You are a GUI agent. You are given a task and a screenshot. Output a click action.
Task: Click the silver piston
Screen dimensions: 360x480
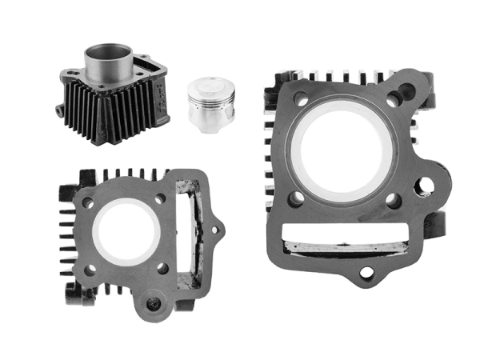(210, 101)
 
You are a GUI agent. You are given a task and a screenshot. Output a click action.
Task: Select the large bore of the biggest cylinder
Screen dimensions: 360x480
(345, 150)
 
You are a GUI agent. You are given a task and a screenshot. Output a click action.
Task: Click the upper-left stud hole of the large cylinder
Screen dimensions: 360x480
(301, 99)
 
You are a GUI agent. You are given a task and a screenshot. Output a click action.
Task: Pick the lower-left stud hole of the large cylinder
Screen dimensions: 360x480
(296, 198)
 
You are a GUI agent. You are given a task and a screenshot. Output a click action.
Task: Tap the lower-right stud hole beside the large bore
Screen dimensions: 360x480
(393, 200)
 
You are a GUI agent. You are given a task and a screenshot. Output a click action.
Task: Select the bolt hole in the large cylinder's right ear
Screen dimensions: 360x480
(424, 186)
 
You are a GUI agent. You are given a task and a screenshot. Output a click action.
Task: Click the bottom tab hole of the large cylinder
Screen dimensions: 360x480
(366, 273)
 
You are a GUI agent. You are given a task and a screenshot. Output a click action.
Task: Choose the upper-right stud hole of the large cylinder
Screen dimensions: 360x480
(394, 100)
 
